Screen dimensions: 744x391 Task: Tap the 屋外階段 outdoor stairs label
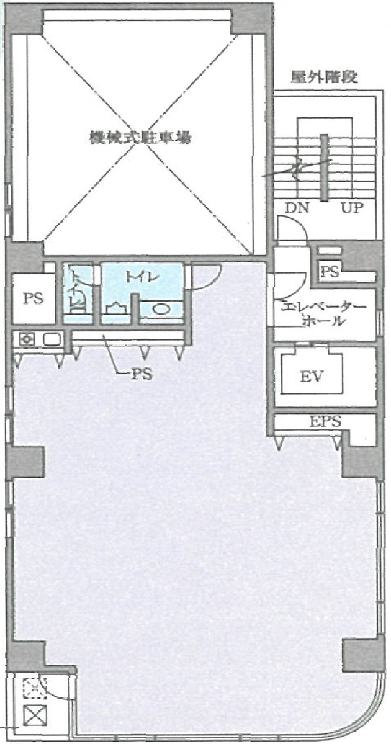coord(325,78)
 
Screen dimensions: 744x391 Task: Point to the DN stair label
coord(297,208)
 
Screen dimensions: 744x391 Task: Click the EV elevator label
coord(312,376)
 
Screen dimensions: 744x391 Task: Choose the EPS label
coord(325,422)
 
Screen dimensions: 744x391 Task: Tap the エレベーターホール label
coord(323,314)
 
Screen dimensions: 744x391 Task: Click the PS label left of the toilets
coord(34,298)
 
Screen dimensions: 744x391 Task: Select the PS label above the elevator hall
coord(329,271)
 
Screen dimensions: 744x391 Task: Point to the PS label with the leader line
coord(142,374)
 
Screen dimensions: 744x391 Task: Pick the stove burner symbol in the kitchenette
coord(27,339)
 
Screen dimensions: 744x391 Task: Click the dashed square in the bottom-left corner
coord(31,688)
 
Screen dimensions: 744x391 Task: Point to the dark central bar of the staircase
coord(323,168)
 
